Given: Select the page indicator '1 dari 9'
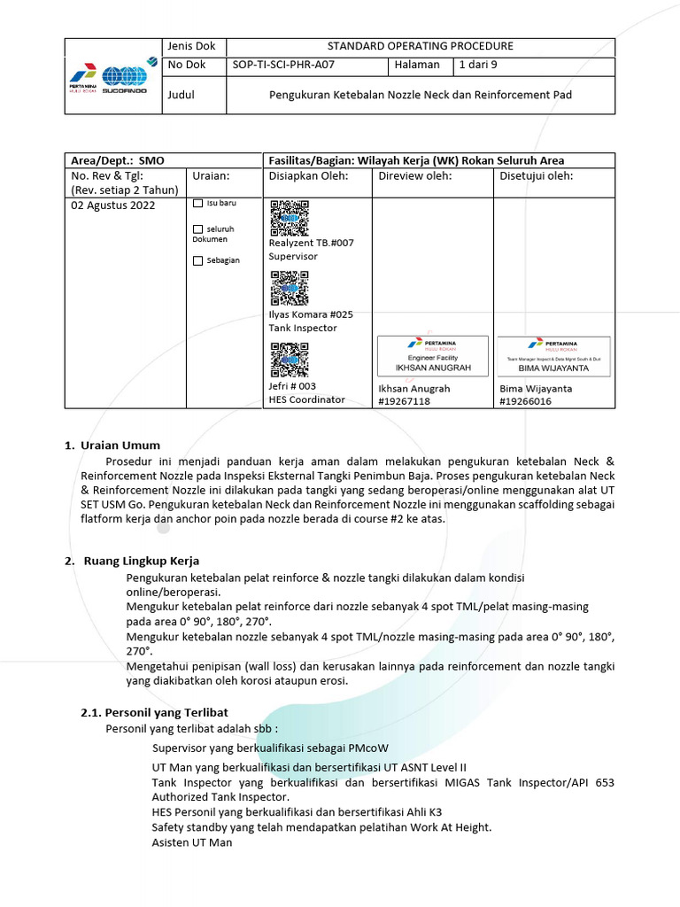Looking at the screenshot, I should tap(479, 66).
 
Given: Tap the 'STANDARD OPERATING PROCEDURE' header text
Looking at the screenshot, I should tap(420, 46).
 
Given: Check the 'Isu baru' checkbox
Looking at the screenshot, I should tap(197, 204).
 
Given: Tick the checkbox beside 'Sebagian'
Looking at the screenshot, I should tap(197, 260).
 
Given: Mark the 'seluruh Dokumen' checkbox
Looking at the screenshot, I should tap(197, 229).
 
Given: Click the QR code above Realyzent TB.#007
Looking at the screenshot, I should tap(289, 218).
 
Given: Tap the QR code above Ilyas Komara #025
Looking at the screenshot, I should tap(289, 289).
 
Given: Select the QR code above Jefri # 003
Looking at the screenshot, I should tap(289, 360).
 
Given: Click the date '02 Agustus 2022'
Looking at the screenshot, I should tap(112, 205).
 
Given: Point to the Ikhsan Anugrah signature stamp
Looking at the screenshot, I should tap(433, 355).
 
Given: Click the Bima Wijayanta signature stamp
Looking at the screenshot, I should tap(553, 355).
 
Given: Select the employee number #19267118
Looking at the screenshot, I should tap(405, 401).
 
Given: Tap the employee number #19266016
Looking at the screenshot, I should tap(526, 401).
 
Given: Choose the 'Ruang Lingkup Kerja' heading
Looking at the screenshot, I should tap(141, 561).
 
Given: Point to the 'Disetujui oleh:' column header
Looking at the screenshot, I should tap(537, 175).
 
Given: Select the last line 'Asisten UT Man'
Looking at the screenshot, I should tap(191, 842).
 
